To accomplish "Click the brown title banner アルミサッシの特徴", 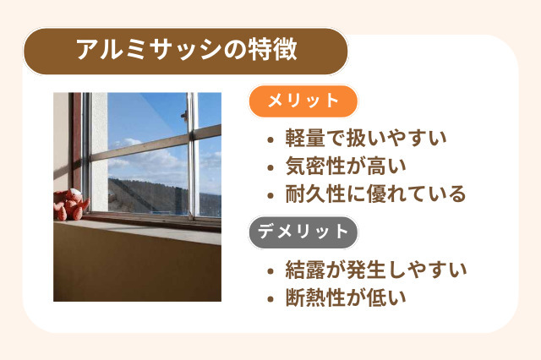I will click(186, 52).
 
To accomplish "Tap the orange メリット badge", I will click(303, 101).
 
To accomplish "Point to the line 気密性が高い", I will click(347, 166).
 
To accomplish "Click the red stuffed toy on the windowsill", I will click(71, 205).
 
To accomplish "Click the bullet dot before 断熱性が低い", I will click(270, 298).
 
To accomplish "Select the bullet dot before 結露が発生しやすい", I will click(270, 271).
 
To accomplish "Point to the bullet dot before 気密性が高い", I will click(270, 167).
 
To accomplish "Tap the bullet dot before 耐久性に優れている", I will click(270, 195).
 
